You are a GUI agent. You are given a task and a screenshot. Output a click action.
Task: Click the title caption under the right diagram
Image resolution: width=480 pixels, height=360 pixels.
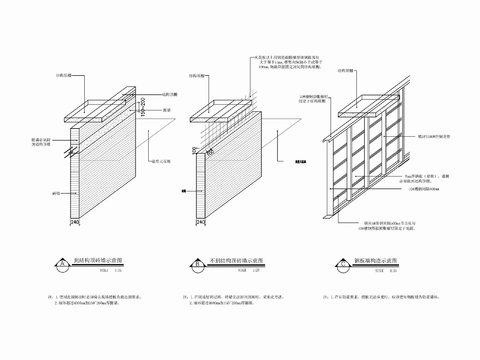tap(366, 260)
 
